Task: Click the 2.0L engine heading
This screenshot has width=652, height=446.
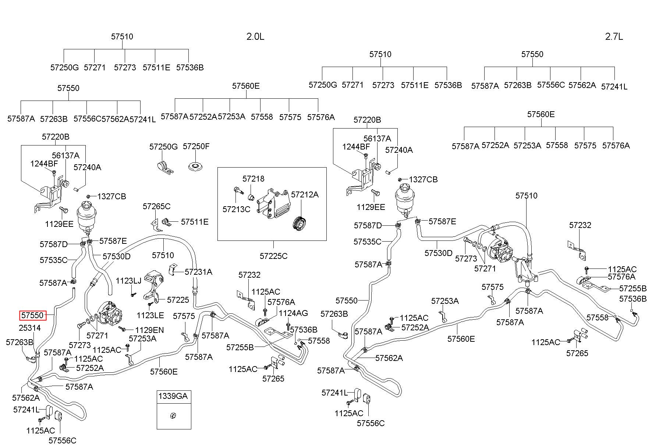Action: click(255, 36)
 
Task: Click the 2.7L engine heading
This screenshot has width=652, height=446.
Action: click(614, 36)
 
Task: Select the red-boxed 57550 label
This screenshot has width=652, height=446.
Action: click(33, 316)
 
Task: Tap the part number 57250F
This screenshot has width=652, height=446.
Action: click(196, 146)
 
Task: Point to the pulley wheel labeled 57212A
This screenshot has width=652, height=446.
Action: click(301, 224)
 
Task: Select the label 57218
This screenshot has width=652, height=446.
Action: click(253, 179)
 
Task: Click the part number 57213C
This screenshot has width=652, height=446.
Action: click(236, 209)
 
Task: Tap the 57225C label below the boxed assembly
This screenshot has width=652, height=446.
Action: click(273, 256)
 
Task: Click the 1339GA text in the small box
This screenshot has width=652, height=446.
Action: click(173, 396)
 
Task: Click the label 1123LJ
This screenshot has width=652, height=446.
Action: click(128, 281)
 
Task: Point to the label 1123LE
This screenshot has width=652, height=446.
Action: click(150, 315)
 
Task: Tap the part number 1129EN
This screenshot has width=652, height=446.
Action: click(149, 330)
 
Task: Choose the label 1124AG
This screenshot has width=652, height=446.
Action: click(293, 313)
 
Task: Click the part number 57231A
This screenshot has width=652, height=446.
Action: click(198, 272)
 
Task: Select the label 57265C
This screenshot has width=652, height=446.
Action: click(157, 206)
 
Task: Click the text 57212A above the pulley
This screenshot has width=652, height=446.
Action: click(305, 194)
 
